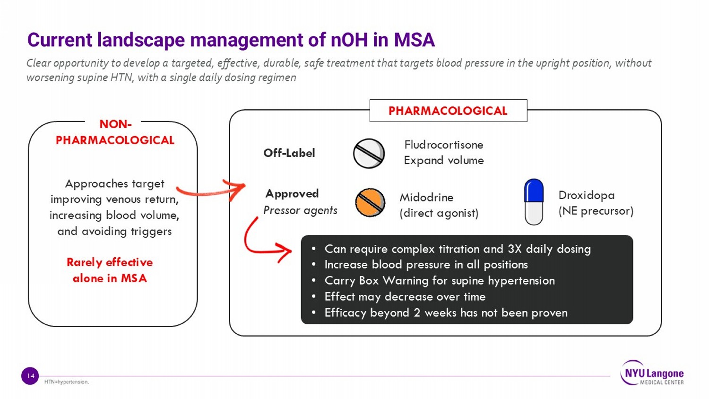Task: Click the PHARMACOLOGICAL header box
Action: [x=448, y=111]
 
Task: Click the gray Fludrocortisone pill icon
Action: [x=369, y=154]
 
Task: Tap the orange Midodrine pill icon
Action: [x=370, y=203]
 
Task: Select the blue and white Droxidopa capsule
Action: [x=534, y=202]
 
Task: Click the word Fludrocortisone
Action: [x=444, y=145]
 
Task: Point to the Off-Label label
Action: [x=289, y=153]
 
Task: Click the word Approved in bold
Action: [x=292, y=193]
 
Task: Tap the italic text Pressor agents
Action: [x=300, y=210]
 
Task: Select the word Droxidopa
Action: [x=587, y=195]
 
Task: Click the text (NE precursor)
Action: [x=596, y=211]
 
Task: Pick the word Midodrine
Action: [x=426, y=198]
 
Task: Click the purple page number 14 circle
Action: [x=30, y=376]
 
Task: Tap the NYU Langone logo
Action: [x=652, y=373]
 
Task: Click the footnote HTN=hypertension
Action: [x=67, y=382]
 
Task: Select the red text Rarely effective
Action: [x=110, y=262]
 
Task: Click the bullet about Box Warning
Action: [x=439, y=280]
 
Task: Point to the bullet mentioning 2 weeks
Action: [x=446, y=313]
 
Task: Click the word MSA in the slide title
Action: [x=415, y=40]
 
